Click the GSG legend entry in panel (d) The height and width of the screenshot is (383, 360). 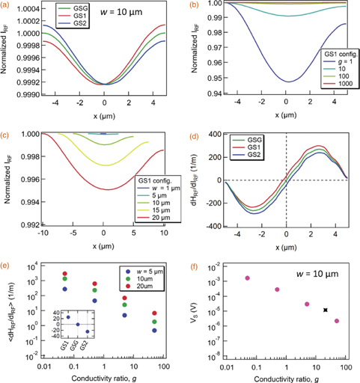tap(249, 138)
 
